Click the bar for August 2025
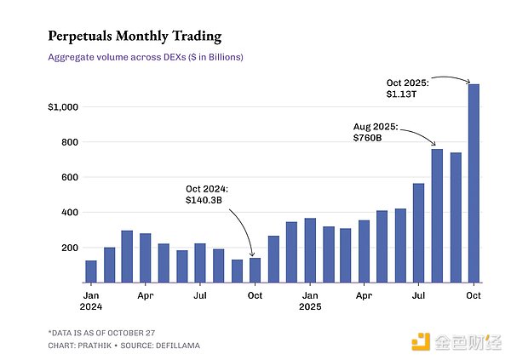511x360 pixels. click(437, 216)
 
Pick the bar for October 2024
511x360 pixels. click(255, 270)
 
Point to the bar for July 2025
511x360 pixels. click(418, 233)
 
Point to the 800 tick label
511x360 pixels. click(66, 142)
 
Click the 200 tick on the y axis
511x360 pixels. click(66, 248)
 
